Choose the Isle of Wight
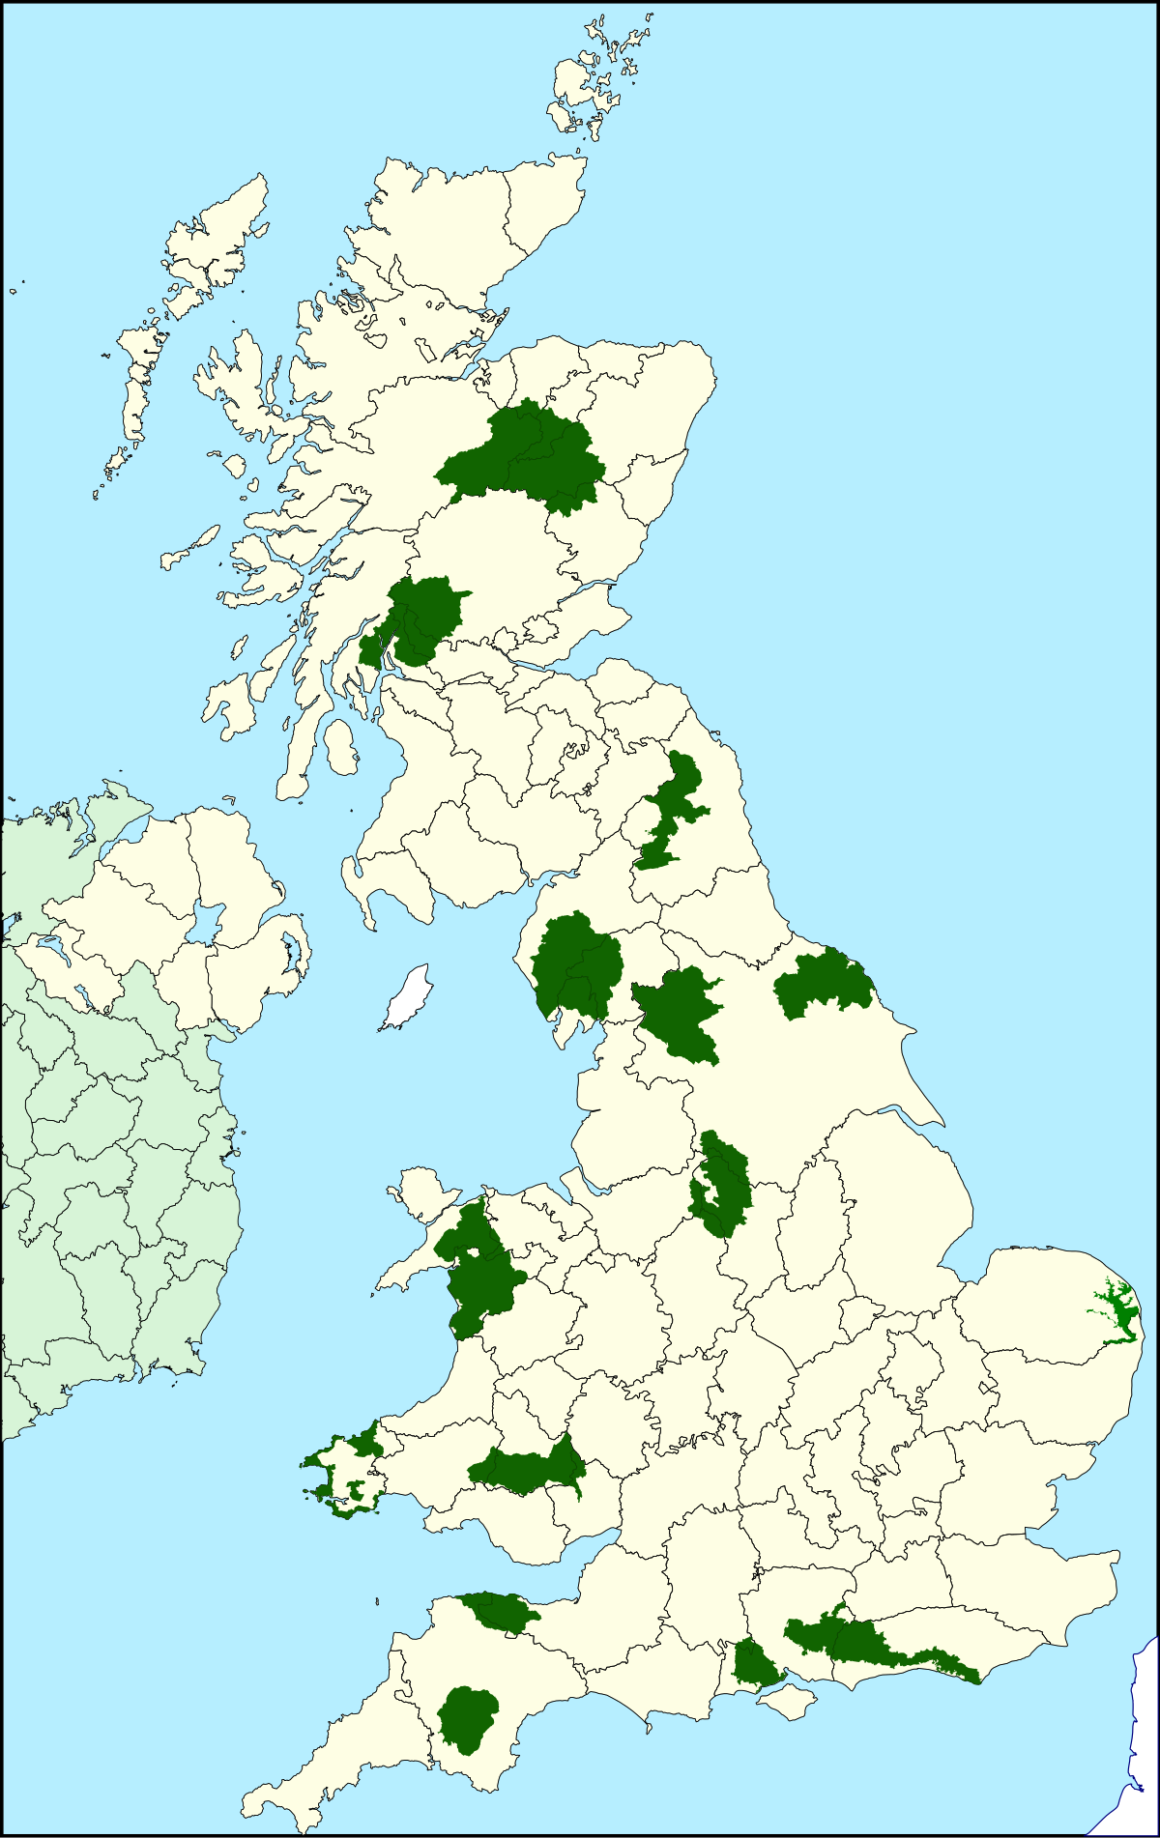pyautogui.click(x=788, y=1701)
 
